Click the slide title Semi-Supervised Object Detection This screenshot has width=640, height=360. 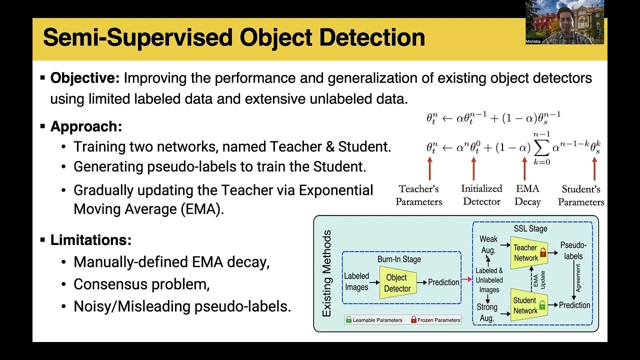pyautogui.click(x=234, y=38)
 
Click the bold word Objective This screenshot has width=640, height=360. pyautogui.click(x=85, y=78)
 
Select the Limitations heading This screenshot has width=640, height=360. pyautogui.click(x=90, y=240)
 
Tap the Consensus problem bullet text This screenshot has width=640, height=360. pyautogui.click(x=141, y=284)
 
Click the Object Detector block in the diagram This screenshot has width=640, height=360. pyautogui.click(x=397, y=283)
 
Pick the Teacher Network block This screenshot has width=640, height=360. pyautogui.click(x=525, y=252)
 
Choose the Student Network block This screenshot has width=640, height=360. pyautogui.click(x=525, y=305)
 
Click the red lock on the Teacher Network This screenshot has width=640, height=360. pyautogui.click(x=543, y=253)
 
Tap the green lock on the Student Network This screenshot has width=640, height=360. pyautogui.click(x=543, y=304)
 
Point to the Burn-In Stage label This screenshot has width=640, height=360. pyautogui.click(x=399, y=259)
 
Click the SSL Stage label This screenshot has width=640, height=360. pyautogui.click(x=530, y=228)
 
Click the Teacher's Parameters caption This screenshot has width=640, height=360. pyautogui.click(x=418, y=195)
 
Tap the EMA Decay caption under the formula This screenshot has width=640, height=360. pyautogui.click(x=527, y=195)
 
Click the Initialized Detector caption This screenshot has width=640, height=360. pyautogui.click(x=481, y=195)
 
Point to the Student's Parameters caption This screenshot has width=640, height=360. pyautogui.click(x=581, y=195)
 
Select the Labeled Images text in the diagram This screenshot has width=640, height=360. pyautogui.click(x=356, y=281)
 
